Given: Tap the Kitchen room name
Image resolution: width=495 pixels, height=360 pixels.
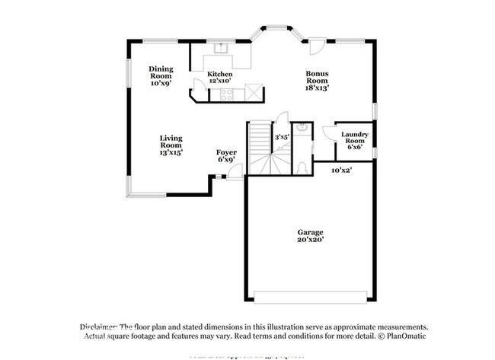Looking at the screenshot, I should pos(219,74).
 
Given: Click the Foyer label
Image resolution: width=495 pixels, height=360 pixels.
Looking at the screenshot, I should pos(226,152).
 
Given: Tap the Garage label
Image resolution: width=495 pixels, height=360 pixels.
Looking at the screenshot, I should pos(310,232).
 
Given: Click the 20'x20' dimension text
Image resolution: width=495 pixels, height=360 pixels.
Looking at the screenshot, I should pos(310,241).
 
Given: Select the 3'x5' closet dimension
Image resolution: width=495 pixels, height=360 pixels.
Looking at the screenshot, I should pos(281,137).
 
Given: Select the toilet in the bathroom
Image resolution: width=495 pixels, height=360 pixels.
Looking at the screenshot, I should pos(302,166).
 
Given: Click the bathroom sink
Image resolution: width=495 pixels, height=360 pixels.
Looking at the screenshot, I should pos(302,130).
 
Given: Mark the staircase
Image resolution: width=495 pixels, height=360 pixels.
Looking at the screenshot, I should pos(260,149).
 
